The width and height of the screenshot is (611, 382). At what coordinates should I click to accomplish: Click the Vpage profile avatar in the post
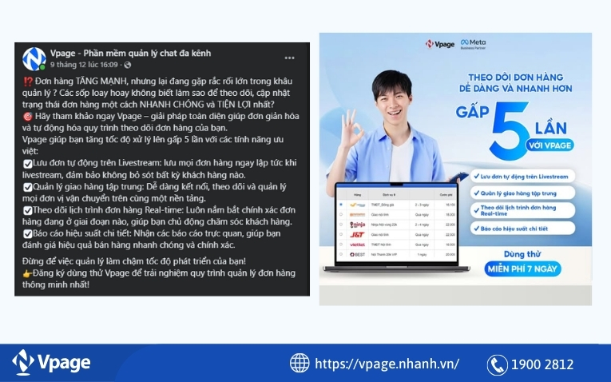pos(34,58)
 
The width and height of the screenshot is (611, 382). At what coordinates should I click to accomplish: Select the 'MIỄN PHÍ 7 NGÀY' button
pos(522,269)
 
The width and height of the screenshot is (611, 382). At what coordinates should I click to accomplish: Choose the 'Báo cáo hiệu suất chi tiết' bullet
pos(524,229)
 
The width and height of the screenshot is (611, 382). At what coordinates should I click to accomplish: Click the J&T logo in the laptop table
pos(357,234)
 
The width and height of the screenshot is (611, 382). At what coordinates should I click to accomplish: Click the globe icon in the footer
pos(300,364)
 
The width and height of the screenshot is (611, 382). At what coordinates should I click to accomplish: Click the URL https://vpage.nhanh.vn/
pos(387,364)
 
